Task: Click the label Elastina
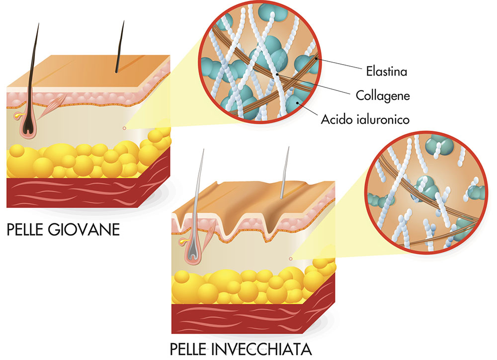(x=386, y=71)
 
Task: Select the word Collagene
(x=383, y=95)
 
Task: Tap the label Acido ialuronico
(x=365, y=119)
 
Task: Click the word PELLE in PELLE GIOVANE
(x=25, y=230)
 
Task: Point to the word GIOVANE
(x=84, y=230)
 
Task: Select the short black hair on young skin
(x=120, y=47)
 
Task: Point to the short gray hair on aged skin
(x=285, y=173)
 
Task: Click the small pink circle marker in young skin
(x=124, y=128)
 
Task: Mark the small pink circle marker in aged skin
(x=291, y=259)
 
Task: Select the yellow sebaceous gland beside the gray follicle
(x=183, y=241)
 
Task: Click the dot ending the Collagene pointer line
(x=277, y=74)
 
